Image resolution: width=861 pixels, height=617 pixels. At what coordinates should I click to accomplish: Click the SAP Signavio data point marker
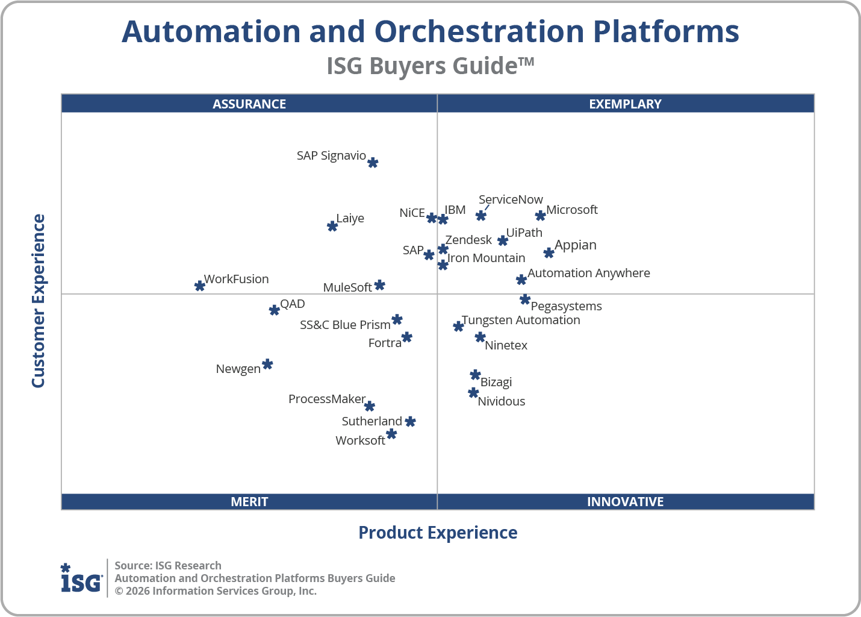373,163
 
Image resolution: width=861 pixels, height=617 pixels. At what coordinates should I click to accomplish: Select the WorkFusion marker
200,286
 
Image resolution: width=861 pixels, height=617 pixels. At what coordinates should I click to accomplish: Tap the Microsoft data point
541,216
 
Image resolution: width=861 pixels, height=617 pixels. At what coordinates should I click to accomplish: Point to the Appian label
576,245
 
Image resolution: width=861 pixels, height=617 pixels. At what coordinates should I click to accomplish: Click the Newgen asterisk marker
268,365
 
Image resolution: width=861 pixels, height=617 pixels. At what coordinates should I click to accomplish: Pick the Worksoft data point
391,434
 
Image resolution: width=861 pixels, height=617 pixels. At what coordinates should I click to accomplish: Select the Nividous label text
502,401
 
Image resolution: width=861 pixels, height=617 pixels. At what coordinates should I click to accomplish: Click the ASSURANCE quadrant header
249,104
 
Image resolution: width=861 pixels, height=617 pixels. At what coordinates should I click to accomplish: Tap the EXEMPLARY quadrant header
625,104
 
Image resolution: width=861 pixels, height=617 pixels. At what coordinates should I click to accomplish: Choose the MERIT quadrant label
249,502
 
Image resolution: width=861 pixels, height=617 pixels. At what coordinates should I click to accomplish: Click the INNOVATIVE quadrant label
625,502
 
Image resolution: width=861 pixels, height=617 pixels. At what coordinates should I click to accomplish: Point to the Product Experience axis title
438,533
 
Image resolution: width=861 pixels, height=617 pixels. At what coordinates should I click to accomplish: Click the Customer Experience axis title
39,301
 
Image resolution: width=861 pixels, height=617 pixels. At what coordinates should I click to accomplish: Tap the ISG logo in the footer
81,578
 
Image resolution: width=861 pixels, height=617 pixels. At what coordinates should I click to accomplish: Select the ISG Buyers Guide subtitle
430,66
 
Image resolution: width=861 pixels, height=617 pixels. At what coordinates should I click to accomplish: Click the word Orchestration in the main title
479,31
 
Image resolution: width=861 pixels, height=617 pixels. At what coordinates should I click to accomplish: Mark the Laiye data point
332,227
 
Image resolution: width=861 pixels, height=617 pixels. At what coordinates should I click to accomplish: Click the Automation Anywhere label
589,273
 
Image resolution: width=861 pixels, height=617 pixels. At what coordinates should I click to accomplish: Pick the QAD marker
275,310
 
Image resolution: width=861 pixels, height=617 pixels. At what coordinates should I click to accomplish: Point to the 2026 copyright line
216,591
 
